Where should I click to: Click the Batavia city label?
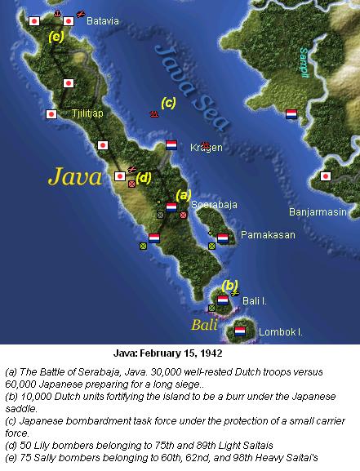pyautogui.click(x=102, y=20)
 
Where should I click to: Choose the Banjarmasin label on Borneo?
pyautogui.click(x=319, y=212)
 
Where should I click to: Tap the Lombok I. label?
pyautogui.click(x=280, y=332)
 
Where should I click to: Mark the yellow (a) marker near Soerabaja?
pyautogui.click(x=184, y=194)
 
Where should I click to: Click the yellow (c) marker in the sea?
pyautogui.click(x=168, y=102)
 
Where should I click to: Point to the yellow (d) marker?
pyautogui.click(x=144, y=177)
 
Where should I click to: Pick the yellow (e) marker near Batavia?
pyautogui.click(x=56, y=37)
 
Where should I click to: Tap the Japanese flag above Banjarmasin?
pyautogui.click(x=326, y=176)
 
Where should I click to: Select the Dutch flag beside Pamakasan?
pyautogui.click(x=223, y=238)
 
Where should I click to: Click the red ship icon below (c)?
pyautogui.click(x=153, y=114)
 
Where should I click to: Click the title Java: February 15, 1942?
pyautogui.click(x=179, y=356)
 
